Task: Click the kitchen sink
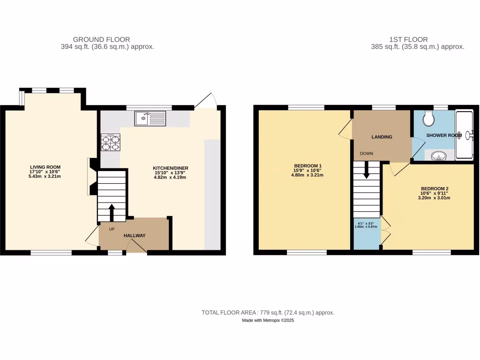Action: tap(150, 118)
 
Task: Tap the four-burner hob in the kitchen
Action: tap(110, 142)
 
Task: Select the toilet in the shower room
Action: tap(428, 120)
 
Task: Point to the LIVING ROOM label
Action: tap(45, 167)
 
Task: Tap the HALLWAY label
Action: tap(135, 236)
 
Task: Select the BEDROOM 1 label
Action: tap(307, 166)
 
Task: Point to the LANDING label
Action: tap(382, 137)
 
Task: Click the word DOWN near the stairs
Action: tap(367, 154)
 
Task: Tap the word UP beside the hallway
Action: tap(112, 229)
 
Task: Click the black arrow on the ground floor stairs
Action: tap(112, 211)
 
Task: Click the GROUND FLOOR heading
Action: tap(102, 39)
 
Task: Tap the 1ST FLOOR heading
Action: tap(408, 39)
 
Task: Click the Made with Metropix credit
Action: tap(268, 321)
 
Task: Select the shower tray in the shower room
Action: tap(465, 135)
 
